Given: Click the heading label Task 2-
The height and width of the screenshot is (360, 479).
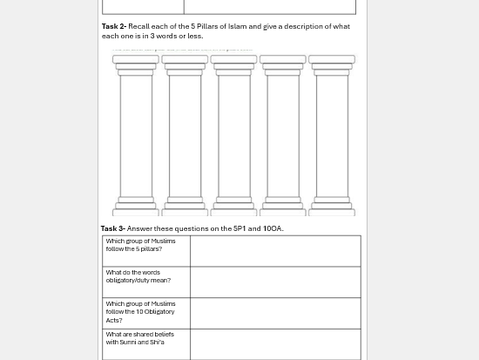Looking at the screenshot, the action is [113, 26].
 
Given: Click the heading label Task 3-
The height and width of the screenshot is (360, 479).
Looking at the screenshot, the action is [112, 228].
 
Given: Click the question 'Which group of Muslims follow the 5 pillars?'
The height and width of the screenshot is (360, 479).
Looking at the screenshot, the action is [140, 245].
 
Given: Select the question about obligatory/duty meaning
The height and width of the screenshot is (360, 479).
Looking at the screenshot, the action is [138, 276].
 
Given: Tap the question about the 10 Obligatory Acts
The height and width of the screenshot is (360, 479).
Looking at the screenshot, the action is [140, 311].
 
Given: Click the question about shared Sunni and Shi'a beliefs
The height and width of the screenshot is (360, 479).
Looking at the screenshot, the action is [139, 338].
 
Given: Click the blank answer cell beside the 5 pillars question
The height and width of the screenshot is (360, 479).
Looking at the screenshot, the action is [274, 250].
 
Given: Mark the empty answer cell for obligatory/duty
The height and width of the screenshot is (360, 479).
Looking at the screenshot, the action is [274, 282].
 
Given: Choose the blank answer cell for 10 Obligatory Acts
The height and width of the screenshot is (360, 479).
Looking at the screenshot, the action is [274, 313].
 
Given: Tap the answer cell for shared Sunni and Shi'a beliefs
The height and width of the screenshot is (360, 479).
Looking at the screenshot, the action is [274, 343].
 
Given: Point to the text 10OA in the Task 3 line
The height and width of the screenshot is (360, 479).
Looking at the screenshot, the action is [272, 228].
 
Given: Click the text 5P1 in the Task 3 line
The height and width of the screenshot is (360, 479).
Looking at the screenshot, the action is [239, 228].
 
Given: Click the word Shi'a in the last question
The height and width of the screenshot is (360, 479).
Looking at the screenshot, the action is [156, 343].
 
